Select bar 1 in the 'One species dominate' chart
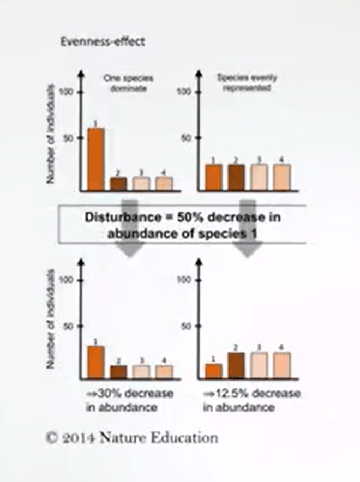click(96, 159)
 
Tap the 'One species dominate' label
click(125, 82)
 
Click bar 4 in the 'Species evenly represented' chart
click(282, 177)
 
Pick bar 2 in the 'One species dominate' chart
click(118, 183)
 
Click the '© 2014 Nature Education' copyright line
click(131, 437)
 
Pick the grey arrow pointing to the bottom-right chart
click(248, 248)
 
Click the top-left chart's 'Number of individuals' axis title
click(50, 134)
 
